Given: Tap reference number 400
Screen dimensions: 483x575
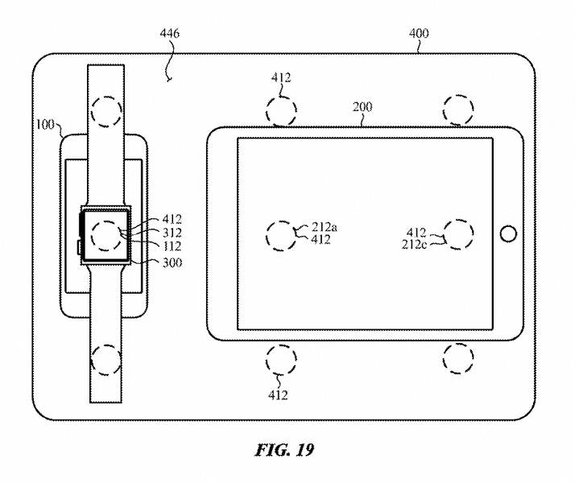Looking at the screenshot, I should click(x=419, y=34).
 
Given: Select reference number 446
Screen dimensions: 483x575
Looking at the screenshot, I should click(x=170, y=34).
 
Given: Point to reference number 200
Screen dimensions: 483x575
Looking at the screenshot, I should click(x=362, y=107).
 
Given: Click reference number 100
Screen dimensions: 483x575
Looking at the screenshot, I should click(x=45, y=125).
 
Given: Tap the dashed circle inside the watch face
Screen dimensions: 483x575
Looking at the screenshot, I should click(x=105, y=236).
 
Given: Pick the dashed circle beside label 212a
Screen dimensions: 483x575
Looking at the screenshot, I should click(x=281, y=234).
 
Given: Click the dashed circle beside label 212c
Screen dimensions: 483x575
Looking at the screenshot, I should click(x=457, y=233).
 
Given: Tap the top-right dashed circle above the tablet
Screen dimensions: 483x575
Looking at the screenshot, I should click(x=457, y=109).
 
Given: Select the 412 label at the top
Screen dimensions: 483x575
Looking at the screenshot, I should click(x=281, y=78).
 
